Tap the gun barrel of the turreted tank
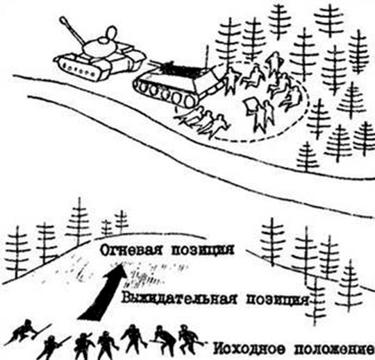click(72, 31)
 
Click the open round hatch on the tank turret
click(110, 34)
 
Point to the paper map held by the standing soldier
click(251, 105)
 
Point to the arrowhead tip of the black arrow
click(122, 264)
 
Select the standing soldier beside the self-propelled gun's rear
click(230, 80)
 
